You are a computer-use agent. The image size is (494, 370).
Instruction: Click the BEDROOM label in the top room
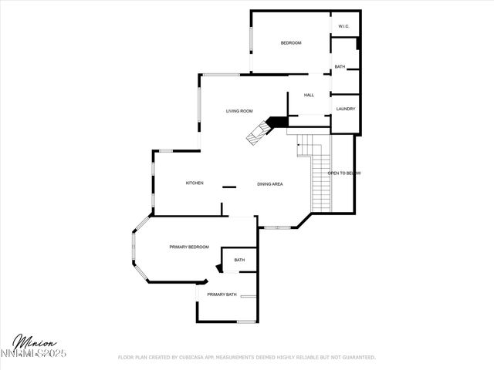290,43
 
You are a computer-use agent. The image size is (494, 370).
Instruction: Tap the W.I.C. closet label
343,27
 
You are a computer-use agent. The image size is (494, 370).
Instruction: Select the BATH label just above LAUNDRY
340,67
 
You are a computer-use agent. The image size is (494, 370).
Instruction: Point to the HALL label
309,95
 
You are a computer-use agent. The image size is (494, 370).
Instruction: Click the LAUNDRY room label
345,109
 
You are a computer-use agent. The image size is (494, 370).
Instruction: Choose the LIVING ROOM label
239,111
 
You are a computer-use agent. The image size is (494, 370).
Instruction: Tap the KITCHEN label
195,183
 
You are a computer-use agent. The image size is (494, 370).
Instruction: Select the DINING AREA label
270,184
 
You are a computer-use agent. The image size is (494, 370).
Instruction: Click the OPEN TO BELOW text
344,173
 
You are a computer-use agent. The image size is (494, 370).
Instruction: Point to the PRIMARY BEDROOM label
189,247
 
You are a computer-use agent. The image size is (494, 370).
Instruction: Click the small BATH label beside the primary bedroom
239,260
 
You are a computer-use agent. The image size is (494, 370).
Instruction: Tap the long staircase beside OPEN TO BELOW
320,181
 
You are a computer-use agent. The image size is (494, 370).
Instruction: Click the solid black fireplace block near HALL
277,122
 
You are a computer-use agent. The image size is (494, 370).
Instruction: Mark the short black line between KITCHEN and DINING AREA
229,187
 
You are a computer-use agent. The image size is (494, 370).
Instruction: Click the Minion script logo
34,341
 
